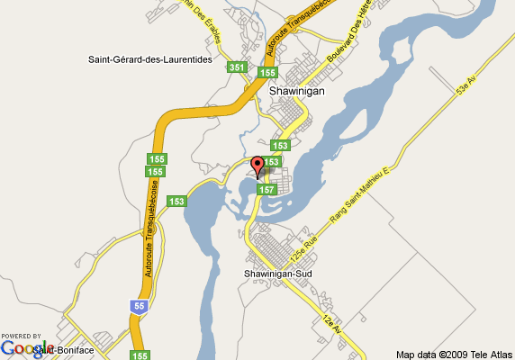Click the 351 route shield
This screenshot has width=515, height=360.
coord(237,67)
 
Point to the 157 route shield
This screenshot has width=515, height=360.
coord(267,191)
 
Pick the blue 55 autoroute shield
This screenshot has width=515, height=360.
coord(137,306)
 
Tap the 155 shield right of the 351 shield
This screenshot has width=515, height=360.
coord(267,73)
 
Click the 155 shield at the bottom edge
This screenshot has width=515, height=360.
coord(140,355)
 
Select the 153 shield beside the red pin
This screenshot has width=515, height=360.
coord(273,161)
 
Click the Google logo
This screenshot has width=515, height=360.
coord(26,348)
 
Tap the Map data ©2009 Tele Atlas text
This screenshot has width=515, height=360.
coord(454,353)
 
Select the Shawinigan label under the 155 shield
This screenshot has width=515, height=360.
coord(296,91)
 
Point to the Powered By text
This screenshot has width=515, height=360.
coord(21,335)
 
